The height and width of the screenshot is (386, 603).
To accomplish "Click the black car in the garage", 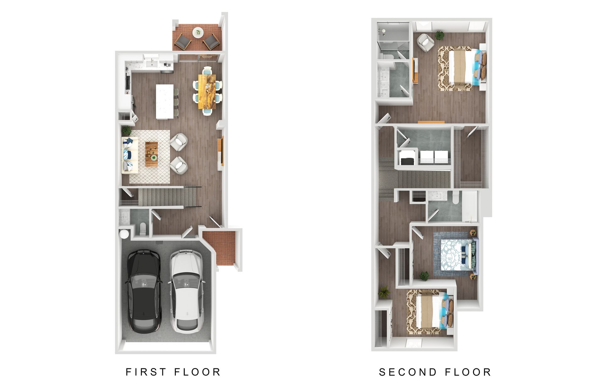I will (144, 291).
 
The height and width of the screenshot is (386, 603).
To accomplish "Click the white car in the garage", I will (187, 291).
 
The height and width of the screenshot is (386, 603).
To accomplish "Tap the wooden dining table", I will (207, 91).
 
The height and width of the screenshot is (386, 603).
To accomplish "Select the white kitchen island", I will (165, 101).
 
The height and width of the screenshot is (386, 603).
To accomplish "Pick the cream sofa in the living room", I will (130, 155).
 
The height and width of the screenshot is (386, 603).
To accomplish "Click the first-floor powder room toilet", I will (143, 229).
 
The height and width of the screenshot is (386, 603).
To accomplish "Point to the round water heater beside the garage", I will (124, 234).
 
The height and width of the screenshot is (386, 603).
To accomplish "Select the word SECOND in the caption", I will (404, 372).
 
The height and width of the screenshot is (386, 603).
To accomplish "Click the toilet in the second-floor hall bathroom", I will (456, 198).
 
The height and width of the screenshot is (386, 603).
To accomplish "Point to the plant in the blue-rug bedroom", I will (424, 276).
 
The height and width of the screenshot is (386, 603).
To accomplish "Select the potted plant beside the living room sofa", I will (127, 130).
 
